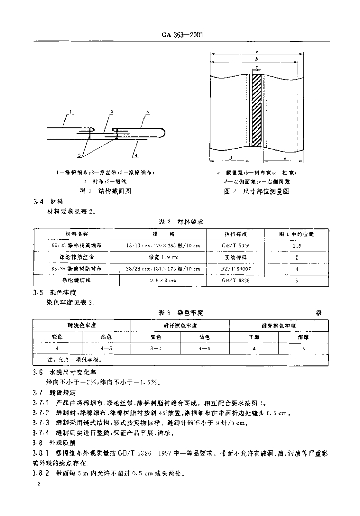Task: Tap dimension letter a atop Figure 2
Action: [x=257, y=51]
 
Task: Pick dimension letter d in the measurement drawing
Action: [x=230, y=158]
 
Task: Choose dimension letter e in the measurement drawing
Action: [x=283, y=158]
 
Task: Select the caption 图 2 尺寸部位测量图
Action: [x=258, y=191]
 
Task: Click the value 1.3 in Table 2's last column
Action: [x=297, y=246]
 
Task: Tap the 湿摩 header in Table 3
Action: [x=303, y=335]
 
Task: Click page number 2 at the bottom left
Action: [x=39, y=483]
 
